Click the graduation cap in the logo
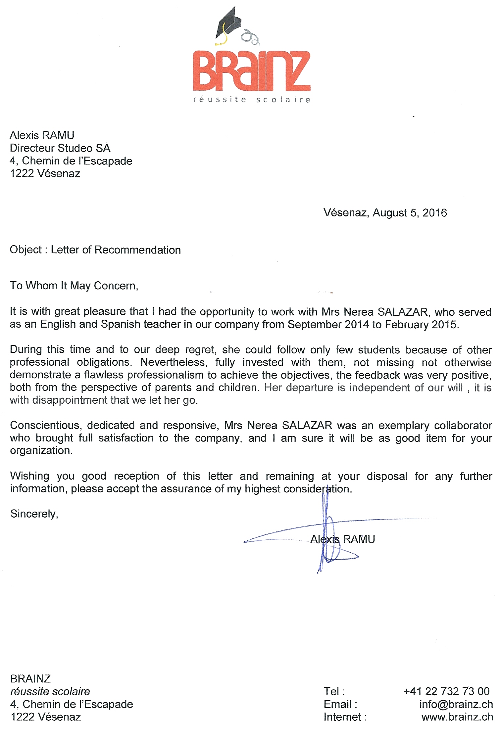[x=229, y=25]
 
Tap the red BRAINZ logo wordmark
[x=252, y=71]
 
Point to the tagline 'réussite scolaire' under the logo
[x=252, y=100]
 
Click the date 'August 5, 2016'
[x=410, y=213]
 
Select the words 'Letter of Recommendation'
[x=116, y=250]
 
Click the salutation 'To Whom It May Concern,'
[x=74, y=286]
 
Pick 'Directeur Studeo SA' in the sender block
[x=60, y=148]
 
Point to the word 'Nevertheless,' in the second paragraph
[x=174, y=362]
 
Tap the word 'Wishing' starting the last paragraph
[x=29, y=476]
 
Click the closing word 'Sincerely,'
[x=34, y=514]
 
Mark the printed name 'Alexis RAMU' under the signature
[x=342, y=539]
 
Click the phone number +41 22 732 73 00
[x=446, y=691]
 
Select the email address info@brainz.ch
[x=456, y=704]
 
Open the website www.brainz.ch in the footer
[x=457, y=717]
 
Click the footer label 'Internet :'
[x=345, y=717]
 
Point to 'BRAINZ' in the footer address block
[x=30, y=679]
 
